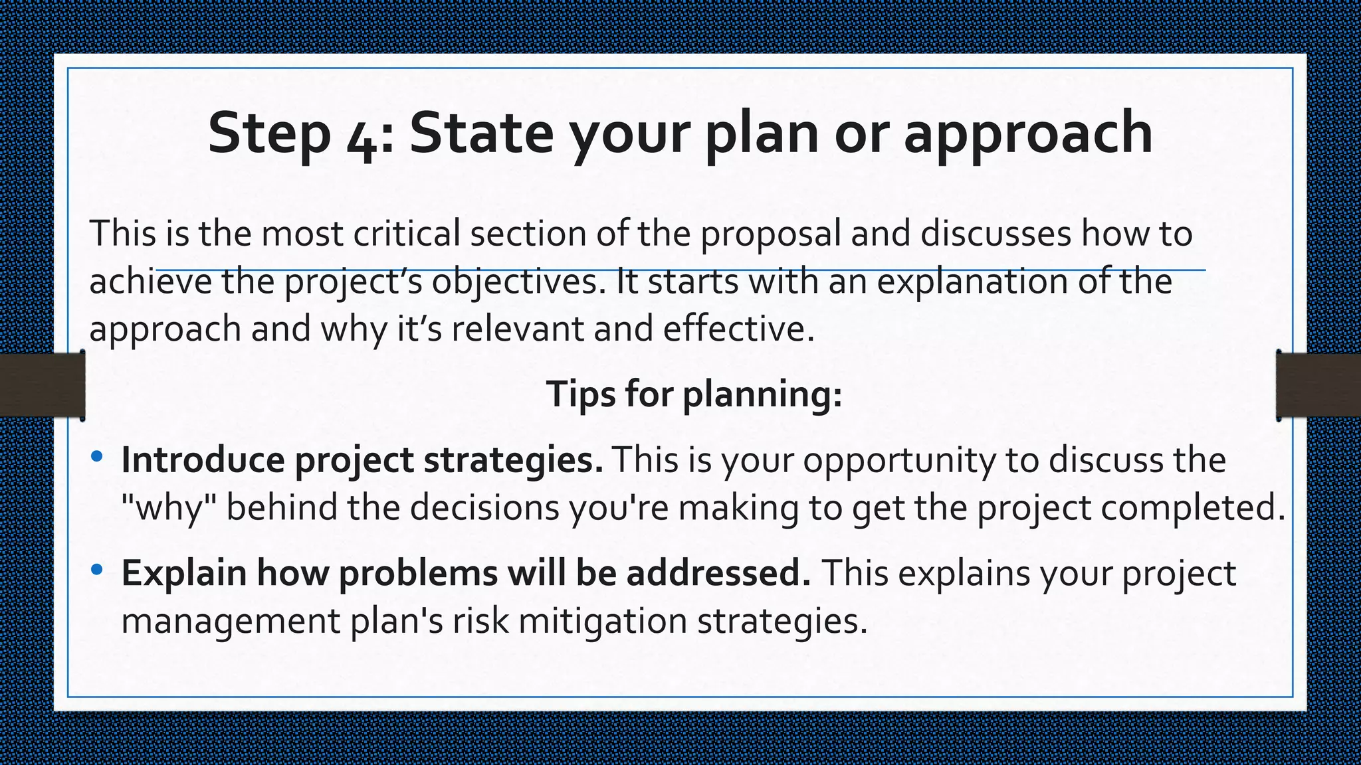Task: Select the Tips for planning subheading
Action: coord(694,394)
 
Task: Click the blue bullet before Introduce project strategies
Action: coord(97,456)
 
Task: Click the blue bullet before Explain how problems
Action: coord(97,569)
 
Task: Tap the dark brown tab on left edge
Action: coord(42,385)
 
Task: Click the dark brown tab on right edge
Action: coord(1318,385)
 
